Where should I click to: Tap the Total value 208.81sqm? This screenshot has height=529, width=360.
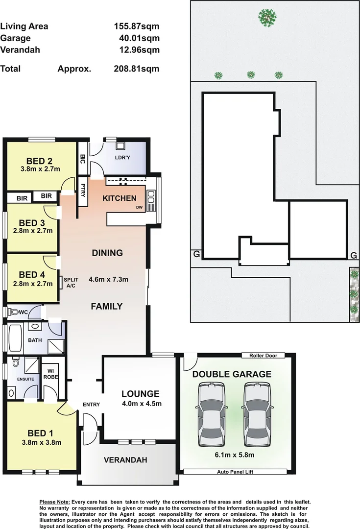click(133, 69)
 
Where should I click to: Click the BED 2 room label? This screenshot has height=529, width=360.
click(40, 161)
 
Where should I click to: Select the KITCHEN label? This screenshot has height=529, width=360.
click(119, 198)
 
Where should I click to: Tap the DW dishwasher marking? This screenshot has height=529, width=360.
click(139, 207)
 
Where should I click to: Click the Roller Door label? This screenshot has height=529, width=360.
click(263, 356)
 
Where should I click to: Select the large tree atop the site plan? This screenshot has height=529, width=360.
click(267, 17)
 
